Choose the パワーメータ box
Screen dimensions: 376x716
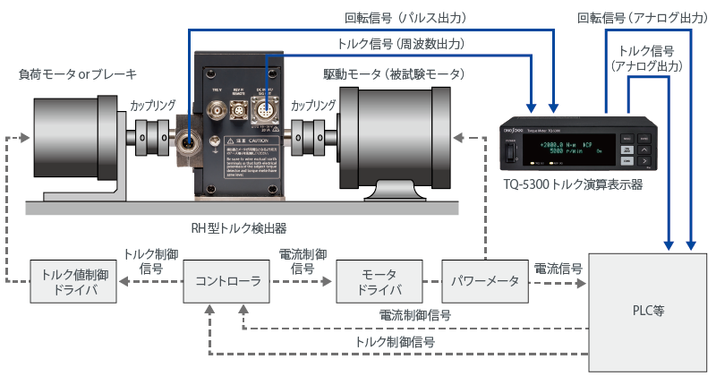[483, 281]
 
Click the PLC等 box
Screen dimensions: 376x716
[645, 311]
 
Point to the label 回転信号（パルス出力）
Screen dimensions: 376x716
[405, 17]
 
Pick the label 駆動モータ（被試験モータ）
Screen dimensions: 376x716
[395, 73]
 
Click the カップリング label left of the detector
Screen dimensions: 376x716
[153, 103]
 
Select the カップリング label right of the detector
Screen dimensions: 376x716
[316, 103]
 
